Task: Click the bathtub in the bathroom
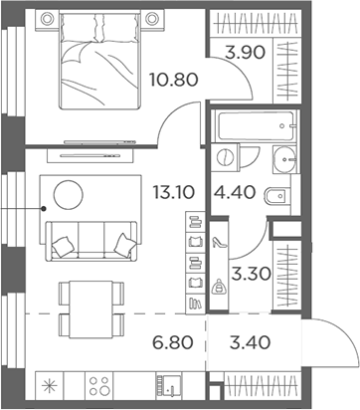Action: pos(255,126)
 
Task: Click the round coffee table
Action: pos(70,193)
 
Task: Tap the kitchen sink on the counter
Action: pos(169,387)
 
